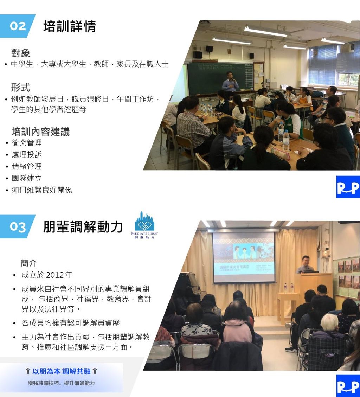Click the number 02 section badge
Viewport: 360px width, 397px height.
tap(17, 26)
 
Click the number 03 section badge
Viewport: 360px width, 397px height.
tap(17, 226)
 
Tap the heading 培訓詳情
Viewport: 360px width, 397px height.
tap(70, 26)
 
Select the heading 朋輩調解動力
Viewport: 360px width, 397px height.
tap(83, 226)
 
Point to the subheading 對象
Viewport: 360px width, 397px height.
tap(20, 53)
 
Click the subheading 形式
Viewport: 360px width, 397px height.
tap(20, 88)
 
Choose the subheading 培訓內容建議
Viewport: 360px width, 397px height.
tap(40, 132)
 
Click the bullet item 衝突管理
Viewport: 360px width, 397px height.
tap(27, 143)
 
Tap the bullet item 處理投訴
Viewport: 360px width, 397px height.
tap(27, 154)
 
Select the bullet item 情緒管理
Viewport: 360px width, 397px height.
tap(27, 166)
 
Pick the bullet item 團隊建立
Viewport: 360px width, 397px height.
tap(27, 178)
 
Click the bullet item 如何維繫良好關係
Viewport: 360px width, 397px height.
tap(42, 190)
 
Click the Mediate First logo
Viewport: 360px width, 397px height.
tap(144, 225)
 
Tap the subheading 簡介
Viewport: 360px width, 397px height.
tap(29, 263)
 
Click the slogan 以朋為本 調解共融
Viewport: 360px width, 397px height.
tap(61, 371)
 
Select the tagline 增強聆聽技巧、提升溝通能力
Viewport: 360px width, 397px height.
tap(61, 383)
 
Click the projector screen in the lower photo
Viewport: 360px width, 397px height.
tap(244, 257)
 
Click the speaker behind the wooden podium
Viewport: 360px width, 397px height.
tap(306, 264)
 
